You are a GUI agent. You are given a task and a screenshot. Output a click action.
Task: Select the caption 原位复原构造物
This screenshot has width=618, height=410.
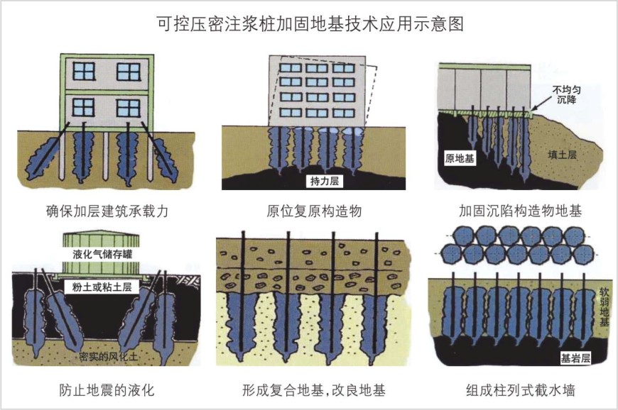click(x=314, y=211)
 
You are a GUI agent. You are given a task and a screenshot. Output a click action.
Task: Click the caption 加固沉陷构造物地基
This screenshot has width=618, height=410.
click(x=520, y=211)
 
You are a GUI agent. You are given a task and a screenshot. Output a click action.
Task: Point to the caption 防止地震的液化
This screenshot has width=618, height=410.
click(x=107, y=389)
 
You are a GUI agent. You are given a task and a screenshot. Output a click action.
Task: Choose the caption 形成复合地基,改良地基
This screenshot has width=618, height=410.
click(x=315, y=389)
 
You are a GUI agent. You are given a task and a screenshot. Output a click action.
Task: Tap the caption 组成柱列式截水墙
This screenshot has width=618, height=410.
click(x=520, y=389)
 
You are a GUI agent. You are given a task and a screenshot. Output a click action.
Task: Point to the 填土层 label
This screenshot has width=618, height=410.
click(x=562, y=154)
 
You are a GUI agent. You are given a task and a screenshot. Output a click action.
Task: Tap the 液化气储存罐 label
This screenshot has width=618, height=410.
click(x=102, y=253)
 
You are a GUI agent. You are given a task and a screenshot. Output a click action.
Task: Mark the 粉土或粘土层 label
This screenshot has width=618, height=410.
click(x=102, y=287)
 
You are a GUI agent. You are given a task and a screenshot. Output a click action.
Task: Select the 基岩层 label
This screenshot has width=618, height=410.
click(x=575, y=358)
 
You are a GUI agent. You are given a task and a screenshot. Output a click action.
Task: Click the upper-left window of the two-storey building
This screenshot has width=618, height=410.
click(x=84, y=71)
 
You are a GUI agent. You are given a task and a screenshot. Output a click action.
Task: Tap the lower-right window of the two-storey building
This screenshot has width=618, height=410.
click(x=128, y=108)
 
